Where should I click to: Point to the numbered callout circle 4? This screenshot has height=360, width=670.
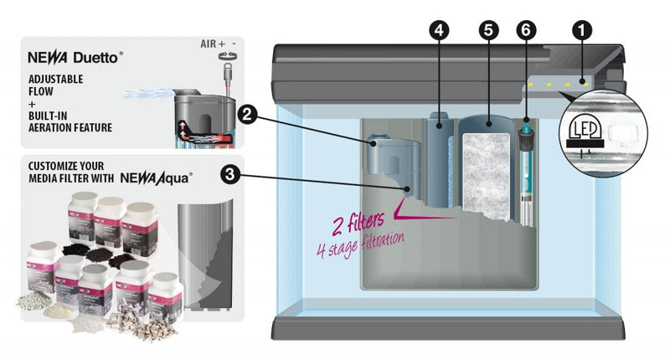(438, 28)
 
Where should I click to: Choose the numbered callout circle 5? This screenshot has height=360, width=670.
(489, 28)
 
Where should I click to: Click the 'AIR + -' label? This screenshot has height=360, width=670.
(219, 43)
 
